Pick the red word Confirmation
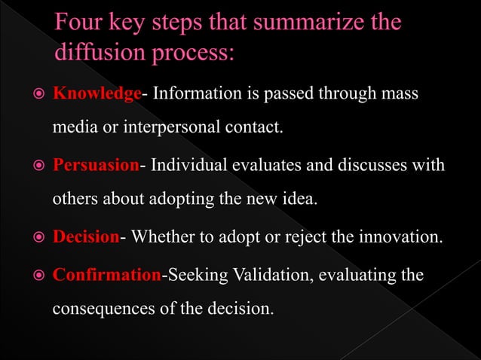pyautogui.click(x=106, y=274)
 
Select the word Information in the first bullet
pyautogui.click(x=199, y=93)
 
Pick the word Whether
pyautogui.click(x=165, y=238)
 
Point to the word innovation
pyautogui.click(x=400, y=238)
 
